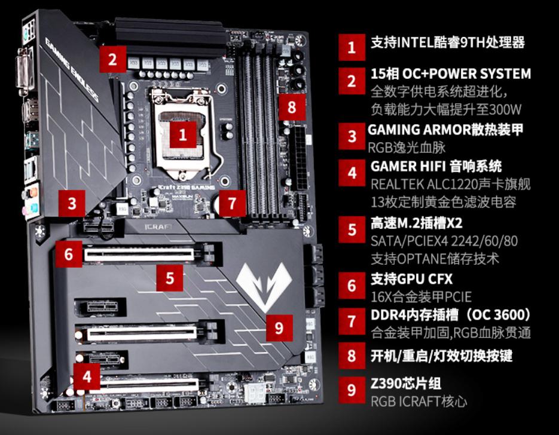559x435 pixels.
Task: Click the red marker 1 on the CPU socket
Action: (x=183, y=134)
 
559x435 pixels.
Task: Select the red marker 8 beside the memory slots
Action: (x=291, y=108)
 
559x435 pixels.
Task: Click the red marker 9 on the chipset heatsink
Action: (x=279, y=327)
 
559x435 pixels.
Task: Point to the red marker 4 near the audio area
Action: (x=87, y=376)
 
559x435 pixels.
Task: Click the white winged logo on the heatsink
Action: (x=264, y=279)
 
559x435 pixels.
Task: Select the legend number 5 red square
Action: (x=352, y=230)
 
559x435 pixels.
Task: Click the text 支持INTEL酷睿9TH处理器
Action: (x=447, y=43)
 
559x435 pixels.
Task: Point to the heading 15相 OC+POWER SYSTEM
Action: (x=450, y=75)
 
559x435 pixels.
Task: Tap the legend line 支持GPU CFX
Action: (x=411, y=278)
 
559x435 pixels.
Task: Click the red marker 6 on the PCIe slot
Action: (x=69, y=255)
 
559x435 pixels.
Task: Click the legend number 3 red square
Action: (x=352, y=136)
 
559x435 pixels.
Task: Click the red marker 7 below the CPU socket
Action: (x=232, y=204)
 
